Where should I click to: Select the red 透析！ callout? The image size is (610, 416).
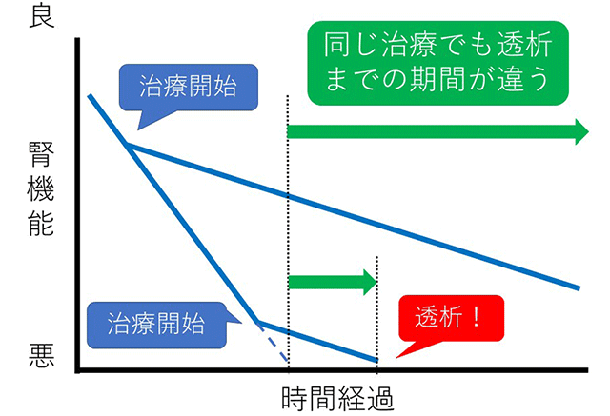(x=450, y=319)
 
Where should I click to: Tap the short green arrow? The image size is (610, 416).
(x=333, y=281)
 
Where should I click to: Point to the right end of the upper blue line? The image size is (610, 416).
(x=579, y=287)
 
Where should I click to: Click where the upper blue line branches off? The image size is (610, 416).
(x=128, y=145)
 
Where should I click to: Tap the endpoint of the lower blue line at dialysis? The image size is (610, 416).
(x=377, y=360)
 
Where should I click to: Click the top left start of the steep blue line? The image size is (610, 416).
(x=89, y=95)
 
